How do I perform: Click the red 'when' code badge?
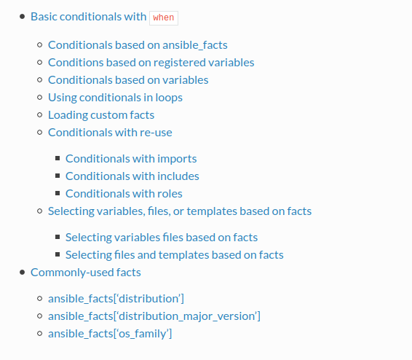click(164, 18)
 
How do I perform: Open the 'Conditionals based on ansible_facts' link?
click(138, 45)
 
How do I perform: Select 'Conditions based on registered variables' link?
click(151, 63)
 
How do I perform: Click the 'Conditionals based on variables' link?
click(128, 80)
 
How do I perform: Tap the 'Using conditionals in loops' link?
click(115, 98)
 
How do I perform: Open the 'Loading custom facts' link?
click(101, 115)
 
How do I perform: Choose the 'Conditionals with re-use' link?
click(110, 133)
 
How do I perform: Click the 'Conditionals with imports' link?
click(131, 159)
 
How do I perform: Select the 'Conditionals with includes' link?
click(132, 176)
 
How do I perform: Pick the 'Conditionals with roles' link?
click(124, 194)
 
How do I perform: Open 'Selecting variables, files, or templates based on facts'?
click(180, 211)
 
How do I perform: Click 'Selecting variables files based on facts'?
click(162, 238)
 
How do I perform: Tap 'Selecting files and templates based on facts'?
click(175, 255)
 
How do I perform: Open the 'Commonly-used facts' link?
click(86, 273)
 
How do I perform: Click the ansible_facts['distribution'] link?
click(116, 299)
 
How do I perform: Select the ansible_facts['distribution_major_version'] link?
click(154, 316)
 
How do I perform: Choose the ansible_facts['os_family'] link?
click(110, 334)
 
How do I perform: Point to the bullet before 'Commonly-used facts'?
click(23, 272)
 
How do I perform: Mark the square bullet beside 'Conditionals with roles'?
click(58, 193)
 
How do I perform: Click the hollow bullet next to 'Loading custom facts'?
click(40, 115)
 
